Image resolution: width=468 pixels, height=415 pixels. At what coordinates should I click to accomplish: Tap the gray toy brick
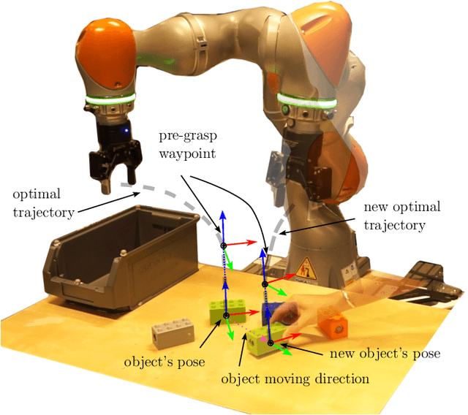pyautogui.click(x=172, y=335)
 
